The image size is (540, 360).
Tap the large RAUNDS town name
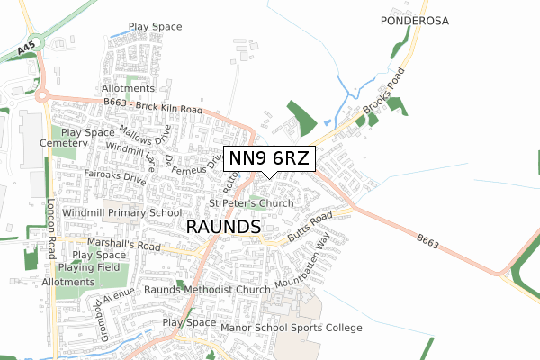pos(223,228)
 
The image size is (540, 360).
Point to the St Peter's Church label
pos(251,204)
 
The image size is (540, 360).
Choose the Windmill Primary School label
pos(123,213)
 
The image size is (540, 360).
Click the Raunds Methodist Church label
pos(207,291)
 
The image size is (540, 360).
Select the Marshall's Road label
pos(123,244)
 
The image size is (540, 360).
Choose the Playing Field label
pos(88,268)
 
